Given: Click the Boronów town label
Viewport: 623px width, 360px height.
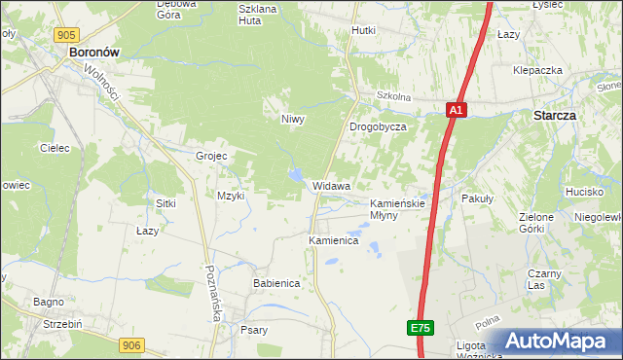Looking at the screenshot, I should [x=93, y=55].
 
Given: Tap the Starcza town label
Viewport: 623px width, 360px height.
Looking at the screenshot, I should [x=555, y=115].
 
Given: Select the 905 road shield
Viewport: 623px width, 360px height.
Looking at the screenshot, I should [x=66, y=35].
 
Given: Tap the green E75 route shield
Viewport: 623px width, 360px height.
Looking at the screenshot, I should [x=420, y=329].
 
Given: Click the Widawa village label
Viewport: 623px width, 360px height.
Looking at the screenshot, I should [x=331, y=185].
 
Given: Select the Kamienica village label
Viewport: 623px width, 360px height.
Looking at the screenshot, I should [x=334, y=239].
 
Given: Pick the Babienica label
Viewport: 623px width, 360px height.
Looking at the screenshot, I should [x=275, y=282].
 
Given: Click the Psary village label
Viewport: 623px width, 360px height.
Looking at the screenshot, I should [x=254, y=330].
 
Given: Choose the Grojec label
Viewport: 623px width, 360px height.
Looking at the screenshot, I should [x=211, y=156].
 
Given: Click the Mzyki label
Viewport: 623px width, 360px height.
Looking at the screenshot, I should [x=231, y=196].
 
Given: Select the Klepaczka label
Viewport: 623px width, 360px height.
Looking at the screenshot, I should [x=538, y=71].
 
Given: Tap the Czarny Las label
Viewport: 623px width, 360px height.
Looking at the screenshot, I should [x=544, y=279].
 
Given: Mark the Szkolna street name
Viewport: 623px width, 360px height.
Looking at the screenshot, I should [x=393, y=97].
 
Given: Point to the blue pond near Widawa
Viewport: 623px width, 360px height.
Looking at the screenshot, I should [x=293, y=175].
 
